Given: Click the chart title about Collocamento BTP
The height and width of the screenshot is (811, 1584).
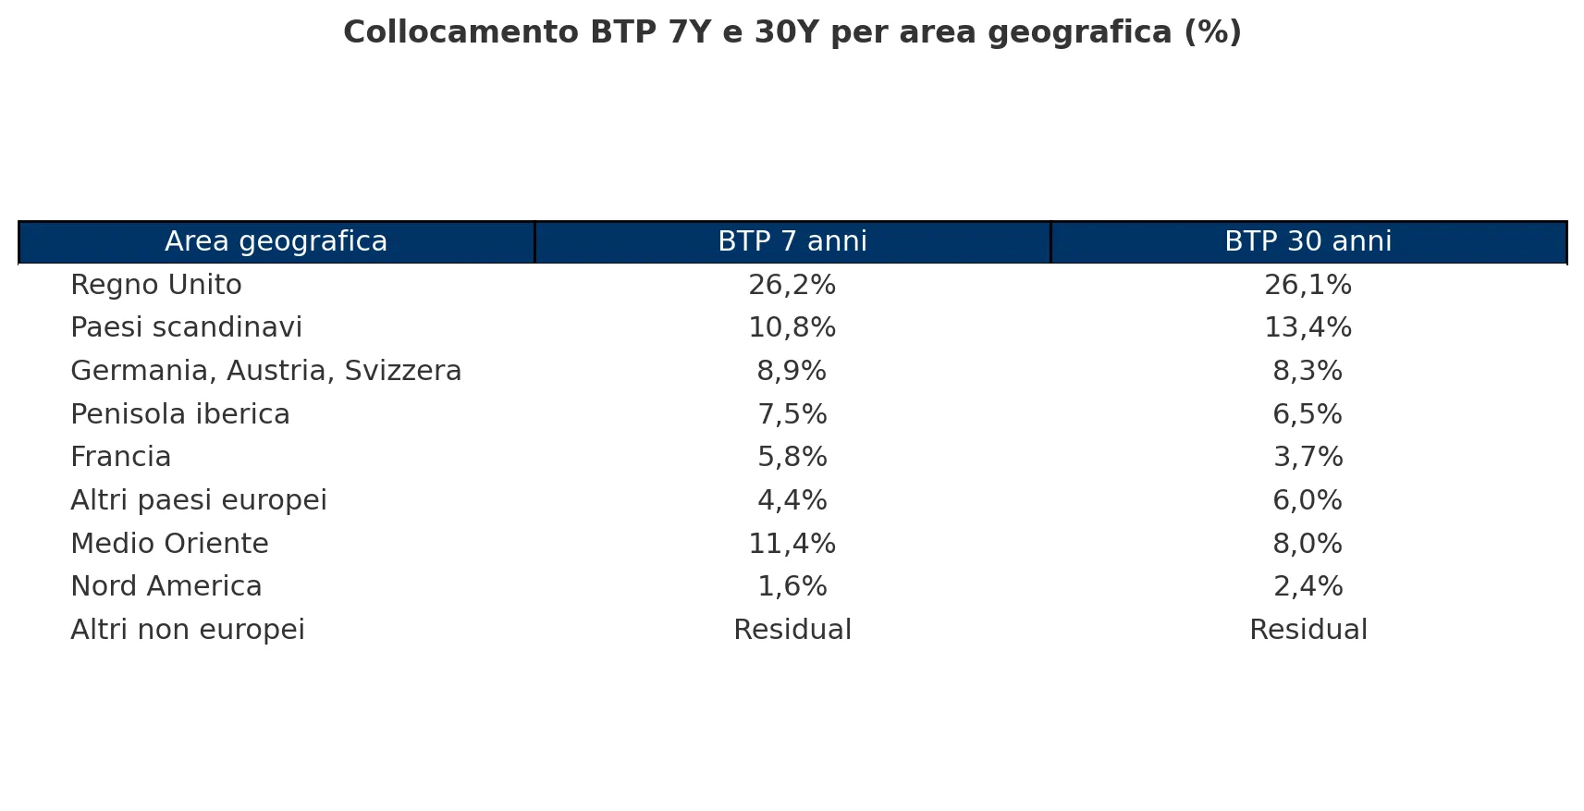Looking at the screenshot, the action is (x=792, y=32).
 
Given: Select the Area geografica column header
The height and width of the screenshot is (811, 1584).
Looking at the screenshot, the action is (x=276, y=241).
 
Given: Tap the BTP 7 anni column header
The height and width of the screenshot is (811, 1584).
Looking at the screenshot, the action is (x=792, y=241).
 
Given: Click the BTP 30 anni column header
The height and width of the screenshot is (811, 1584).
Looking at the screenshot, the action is (x=1308, y=241).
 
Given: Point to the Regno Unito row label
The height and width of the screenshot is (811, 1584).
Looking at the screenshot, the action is (x=156, y=285).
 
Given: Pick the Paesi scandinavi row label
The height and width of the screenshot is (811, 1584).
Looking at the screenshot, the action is (x=187, y=327).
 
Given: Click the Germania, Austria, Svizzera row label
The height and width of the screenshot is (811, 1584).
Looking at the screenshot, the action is (x=266, y=371).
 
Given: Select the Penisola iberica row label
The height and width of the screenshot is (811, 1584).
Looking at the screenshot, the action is (x=180, y=414).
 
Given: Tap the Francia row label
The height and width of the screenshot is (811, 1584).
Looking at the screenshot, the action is (x=121, y=458).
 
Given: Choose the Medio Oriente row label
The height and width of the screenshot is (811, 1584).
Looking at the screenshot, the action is (x=170, y=544).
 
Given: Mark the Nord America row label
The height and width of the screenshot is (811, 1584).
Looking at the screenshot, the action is (x=166, y=586).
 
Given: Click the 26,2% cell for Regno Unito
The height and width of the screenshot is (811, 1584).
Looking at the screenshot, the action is (x=792, y=285).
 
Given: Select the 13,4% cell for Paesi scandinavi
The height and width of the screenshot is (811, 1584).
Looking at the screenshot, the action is (x=1308, y=327).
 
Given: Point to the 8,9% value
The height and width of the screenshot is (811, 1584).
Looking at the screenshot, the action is (x=792, y=371).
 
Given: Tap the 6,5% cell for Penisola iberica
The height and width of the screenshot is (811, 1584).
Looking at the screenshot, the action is (x=1308, y=414).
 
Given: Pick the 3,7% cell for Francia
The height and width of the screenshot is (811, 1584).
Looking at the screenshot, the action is (x=1308, y=458).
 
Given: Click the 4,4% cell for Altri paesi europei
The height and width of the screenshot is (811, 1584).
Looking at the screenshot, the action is (x=792, y=500).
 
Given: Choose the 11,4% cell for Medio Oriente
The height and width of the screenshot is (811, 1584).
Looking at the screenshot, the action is (x=792, y=544).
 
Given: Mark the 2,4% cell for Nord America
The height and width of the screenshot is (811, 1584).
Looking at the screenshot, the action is (x=1308, y=586).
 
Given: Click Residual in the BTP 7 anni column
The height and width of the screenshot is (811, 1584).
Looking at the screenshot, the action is (x=792, y=629).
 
